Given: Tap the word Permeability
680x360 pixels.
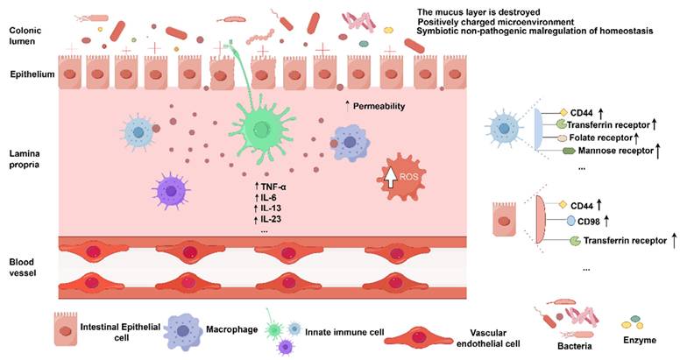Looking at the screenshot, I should coord(386,106).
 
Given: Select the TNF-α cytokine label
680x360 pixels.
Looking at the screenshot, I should coord(274,187).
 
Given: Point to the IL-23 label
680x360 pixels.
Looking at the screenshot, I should coord(271,220).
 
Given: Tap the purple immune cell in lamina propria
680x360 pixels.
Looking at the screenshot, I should coord(168,191).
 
